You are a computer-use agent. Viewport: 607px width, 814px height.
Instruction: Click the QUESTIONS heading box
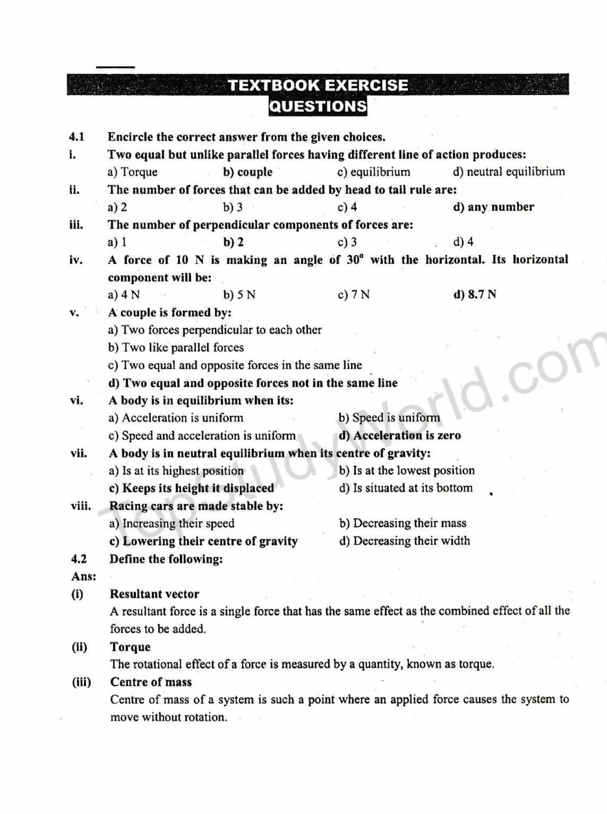[317, 106]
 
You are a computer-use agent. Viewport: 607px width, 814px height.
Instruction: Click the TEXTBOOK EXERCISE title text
[317, 85]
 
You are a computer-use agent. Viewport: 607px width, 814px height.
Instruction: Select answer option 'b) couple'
[248, 172]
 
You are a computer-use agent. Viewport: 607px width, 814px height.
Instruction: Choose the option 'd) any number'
[493, 207]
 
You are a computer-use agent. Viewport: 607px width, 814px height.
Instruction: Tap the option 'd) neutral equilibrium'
[508, 172]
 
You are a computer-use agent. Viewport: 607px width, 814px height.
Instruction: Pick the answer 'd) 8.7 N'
[474, 295]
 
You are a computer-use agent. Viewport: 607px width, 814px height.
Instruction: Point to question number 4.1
[76, 137]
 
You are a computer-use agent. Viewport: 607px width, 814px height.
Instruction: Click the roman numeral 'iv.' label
[76, 260]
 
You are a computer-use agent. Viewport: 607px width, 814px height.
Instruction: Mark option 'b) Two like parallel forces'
[176, 347]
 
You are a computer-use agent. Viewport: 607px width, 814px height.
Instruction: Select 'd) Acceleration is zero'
[399, 435]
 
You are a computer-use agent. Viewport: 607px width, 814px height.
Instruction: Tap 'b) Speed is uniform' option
[389, 418]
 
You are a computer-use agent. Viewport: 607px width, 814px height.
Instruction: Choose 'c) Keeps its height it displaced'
[191, 488]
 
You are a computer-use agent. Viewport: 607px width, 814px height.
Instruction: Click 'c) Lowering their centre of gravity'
[204, 541]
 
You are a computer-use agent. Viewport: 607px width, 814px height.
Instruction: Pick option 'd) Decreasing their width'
[404, 541]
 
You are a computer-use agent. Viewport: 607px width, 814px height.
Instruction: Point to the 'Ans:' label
[83, 576]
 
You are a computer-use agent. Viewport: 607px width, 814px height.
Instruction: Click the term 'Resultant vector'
[154, 594]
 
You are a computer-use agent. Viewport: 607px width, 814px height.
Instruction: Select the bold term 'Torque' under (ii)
[130, 647]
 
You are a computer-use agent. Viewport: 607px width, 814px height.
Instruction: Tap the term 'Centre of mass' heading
[151, 682]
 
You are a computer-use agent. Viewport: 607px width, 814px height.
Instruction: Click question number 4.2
[79, 559]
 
